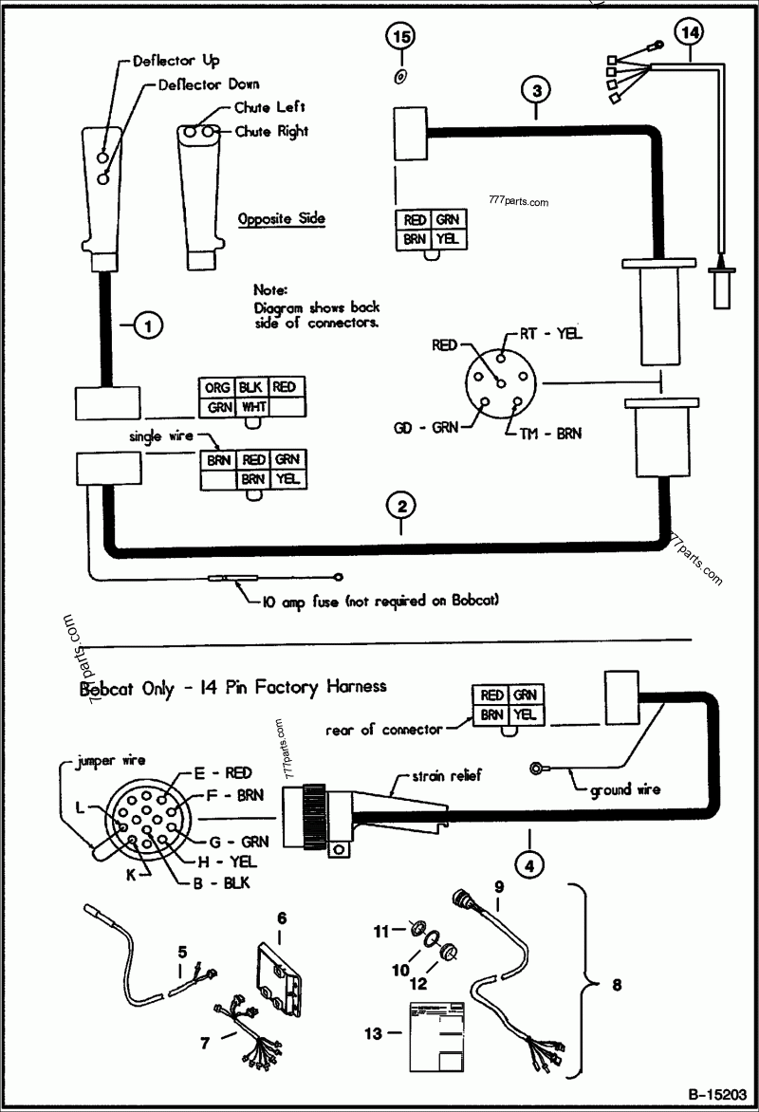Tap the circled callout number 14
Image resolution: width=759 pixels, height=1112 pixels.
691,30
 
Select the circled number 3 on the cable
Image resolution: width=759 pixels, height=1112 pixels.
536,91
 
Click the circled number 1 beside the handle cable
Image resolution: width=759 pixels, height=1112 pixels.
147,325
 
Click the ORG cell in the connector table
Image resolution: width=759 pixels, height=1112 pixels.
215,387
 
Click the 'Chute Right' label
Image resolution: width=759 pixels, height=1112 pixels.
271,131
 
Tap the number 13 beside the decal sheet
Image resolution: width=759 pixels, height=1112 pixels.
373,1032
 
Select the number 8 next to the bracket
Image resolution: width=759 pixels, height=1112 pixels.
617,985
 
